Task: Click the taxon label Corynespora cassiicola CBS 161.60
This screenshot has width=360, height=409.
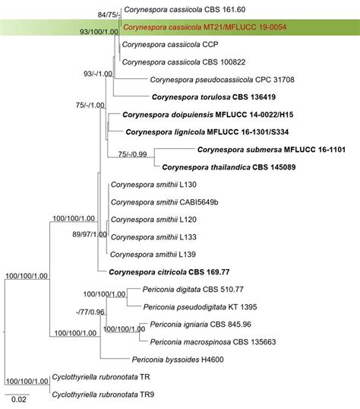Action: click(x=185, y=10)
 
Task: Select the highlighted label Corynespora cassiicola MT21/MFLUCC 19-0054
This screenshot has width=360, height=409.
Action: click(x=204, y=27)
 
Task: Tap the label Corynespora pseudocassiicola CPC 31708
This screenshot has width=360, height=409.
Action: click(x=222, y=80)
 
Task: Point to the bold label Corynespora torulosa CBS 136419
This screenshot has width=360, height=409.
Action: click(x=213, y=97)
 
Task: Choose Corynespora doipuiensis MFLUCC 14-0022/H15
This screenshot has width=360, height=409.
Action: click(x=208, y=115)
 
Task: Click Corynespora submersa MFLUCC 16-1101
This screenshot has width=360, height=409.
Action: click(x=271, y=150)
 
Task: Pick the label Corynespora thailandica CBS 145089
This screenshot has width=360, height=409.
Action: click(x=229, y=167)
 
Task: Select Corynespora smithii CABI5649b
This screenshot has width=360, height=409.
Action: click(x=165, y=202)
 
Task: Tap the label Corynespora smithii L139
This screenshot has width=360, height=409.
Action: click(x=153, y=255)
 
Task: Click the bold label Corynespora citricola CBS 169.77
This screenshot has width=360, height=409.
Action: click(x=169, y=272)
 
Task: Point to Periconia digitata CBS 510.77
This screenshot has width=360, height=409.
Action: click(x=193, y=290)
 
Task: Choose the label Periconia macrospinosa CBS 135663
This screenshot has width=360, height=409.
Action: click(x=213, y=342)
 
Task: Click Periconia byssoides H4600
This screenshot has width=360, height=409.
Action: click(x=178, y=360)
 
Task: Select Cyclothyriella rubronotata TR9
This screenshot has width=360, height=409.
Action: click(x=103, y=395)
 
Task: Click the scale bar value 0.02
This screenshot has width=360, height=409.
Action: click(x=19, y=399)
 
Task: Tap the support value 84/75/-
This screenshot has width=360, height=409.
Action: click(x=109, y=15)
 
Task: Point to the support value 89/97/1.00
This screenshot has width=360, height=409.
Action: click(x=90, y=234)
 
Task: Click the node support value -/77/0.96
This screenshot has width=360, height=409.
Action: click(x=90, y=312)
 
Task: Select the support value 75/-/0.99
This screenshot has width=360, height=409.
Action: click(x=132, y=154)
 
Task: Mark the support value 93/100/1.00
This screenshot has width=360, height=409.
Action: click(x=99, y=32)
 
